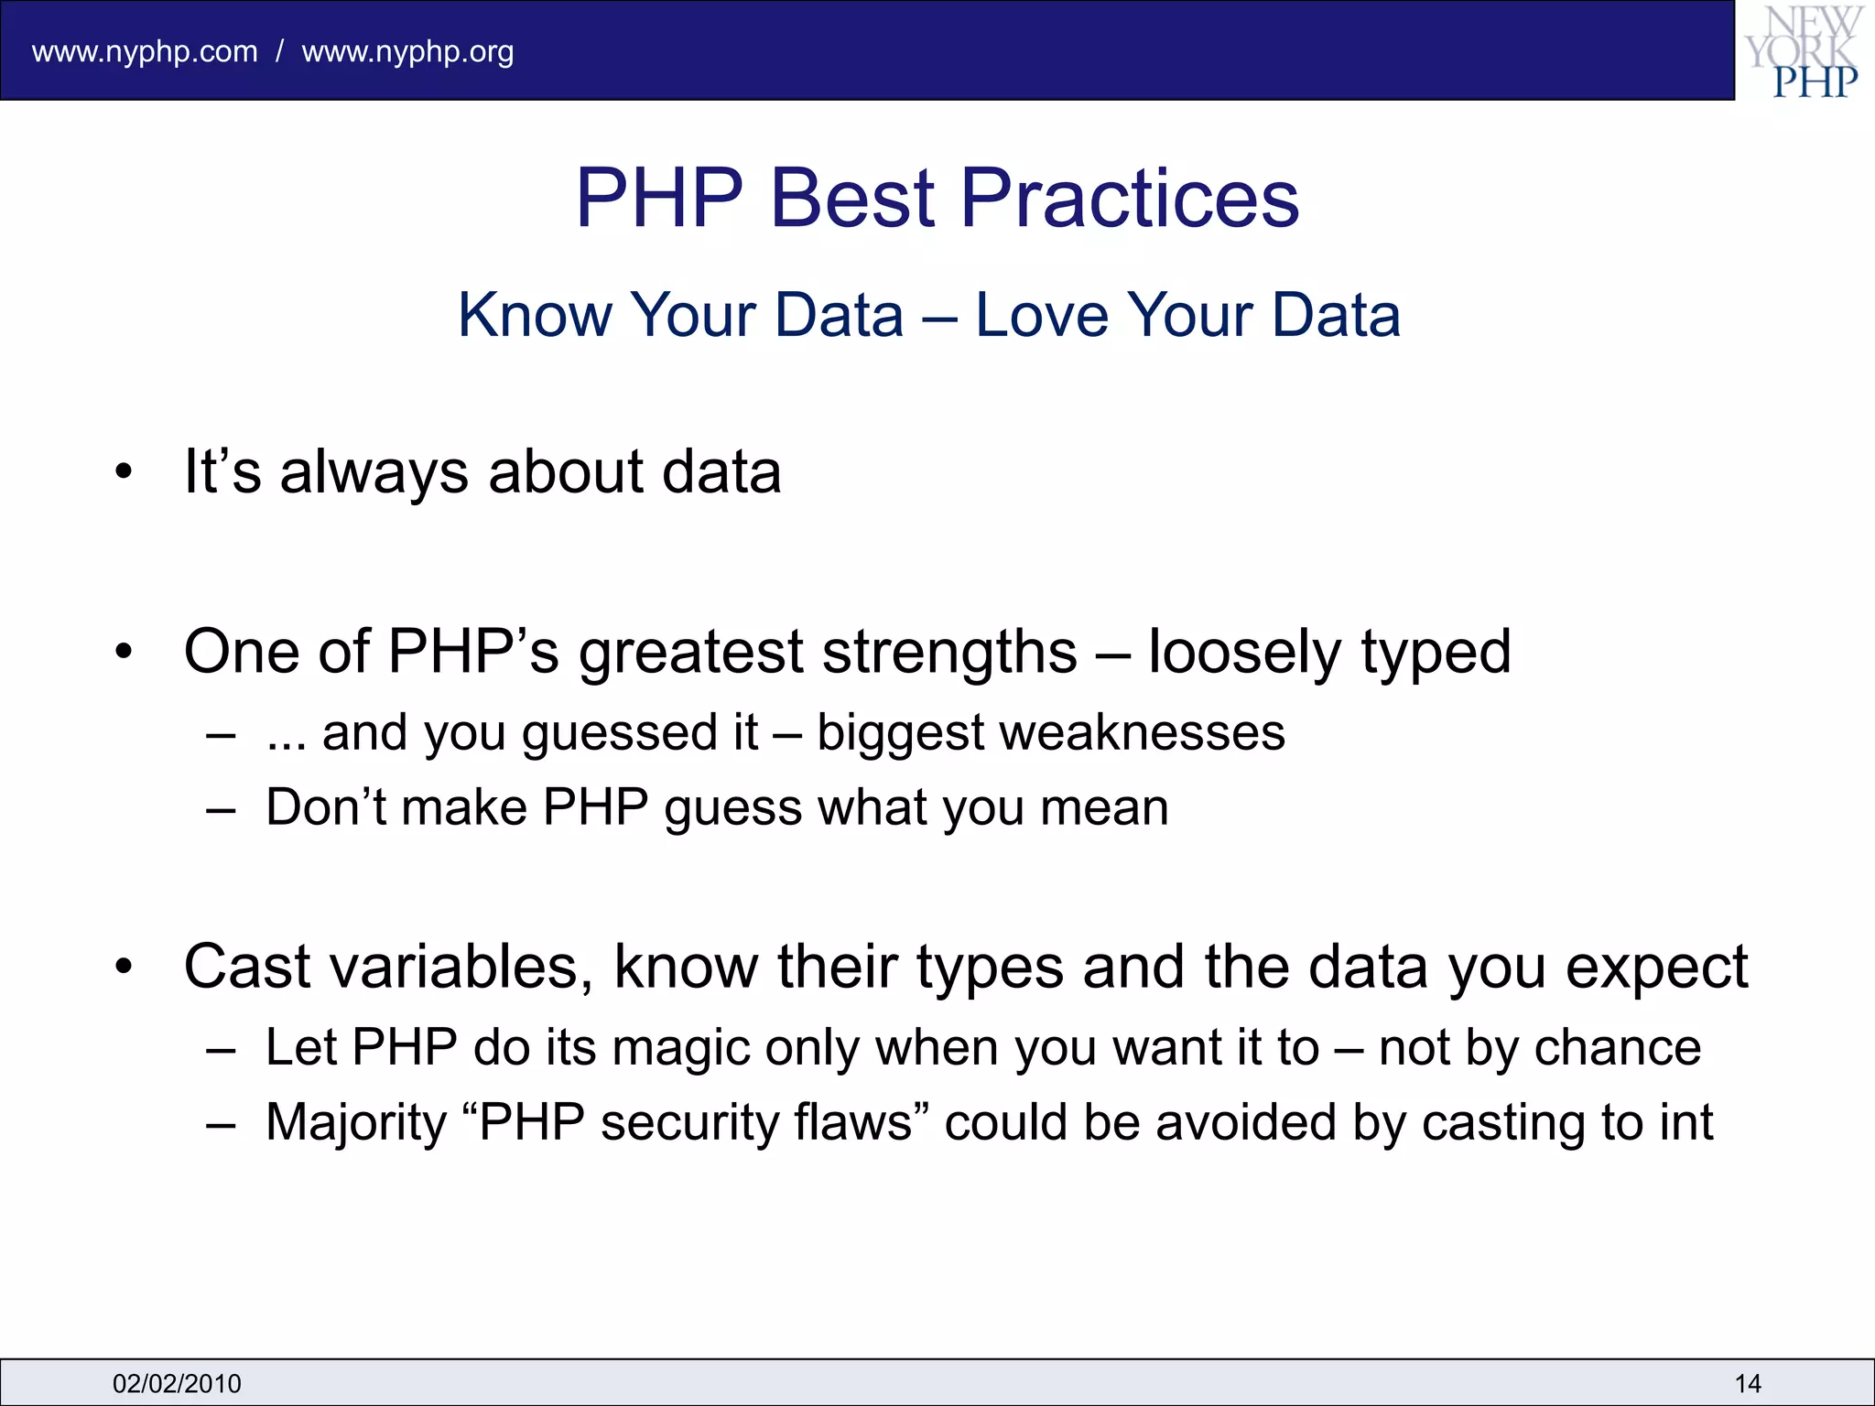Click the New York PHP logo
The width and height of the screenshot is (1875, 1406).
1804,51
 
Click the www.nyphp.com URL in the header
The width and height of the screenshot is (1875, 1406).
145,52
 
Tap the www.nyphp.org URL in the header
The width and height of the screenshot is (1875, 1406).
407,52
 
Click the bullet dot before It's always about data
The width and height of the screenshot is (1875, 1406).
125,473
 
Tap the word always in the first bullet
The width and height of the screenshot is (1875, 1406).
374,472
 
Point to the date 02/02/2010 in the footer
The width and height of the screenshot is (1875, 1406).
177,1383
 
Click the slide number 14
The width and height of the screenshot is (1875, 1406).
1747,1383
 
